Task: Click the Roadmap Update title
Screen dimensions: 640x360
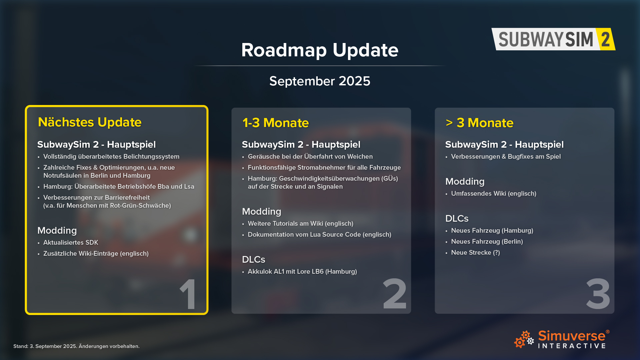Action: click(320, 50)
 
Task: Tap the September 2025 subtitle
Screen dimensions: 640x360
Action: click(320, 81)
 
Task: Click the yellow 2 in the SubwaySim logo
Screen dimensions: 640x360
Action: click(606, 39)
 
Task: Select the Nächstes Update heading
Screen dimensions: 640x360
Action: click(90, 122)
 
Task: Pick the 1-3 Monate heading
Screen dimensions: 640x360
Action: click(276, 123)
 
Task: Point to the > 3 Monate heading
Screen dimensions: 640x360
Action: click(479, 123)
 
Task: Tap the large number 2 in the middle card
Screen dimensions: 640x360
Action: click(395, 294)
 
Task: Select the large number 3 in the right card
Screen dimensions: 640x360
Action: click(598, 294)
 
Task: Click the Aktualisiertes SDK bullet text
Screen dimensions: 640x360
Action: click(71, 243)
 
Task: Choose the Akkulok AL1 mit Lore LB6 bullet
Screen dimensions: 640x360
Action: click(302, 272)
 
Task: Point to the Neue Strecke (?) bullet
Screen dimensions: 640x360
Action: click(475, 253)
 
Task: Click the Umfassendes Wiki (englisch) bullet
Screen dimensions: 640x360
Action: click(494, 194)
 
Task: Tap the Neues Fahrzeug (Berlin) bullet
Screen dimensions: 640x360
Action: click(487, 242)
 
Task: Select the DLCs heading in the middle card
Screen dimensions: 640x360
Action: click(254, 259)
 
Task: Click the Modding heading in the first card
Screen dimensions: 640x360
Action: click(57, 230)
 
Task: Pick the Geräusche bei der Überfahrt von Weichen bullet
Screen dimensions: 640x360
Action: click(310, 157)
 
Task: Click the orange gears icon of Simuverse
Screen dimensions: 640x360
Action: click(524, 339)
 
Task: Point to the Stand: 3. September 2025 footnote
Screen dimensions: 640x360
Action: click(76, 346)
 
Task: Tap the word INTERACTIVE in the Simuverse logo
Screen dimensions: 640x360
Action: click(572, 346)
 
